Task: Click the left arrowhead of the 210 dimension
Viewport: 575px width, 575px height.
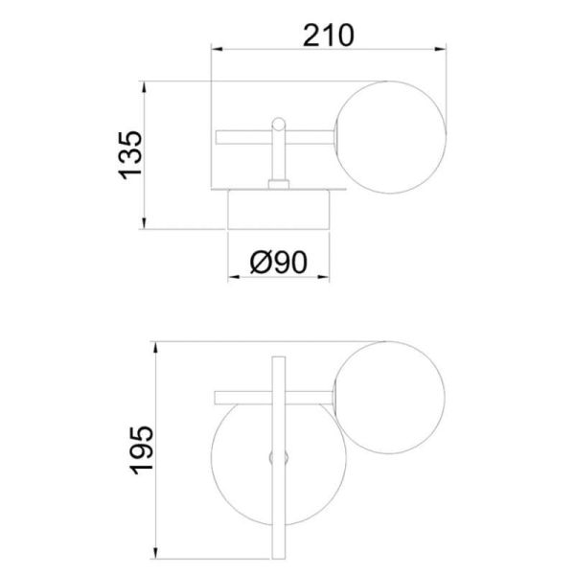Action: pos(217,49)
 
